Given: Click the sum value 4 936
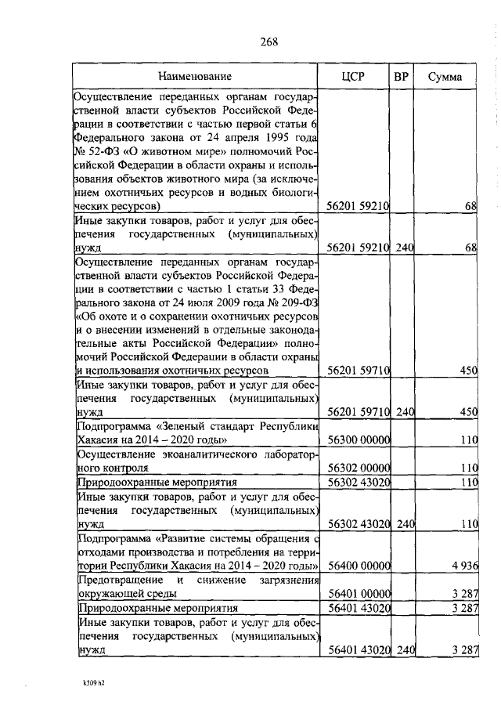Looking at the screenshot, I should coord(463,565).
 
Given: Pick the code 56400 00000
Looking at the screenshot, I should coord(359,565).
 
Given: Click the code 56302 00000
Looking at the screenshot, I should coord(359,468).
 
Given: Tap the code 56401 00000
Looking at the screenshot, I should coord(359,593).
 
